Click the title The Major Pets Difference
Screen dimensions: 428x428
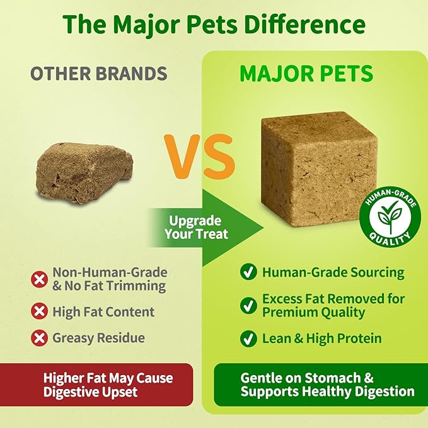(214, 25)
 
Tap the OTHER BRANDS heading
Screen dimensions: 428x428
(99, 73)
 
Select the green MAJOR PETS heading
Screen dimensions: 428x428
(306, 73)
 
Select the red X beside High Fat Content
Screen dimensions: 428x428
(40, 311)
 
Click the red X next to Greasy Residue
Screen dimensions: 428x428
(40, 338)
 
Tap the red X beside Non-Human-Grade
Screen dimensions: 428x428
(40, 279)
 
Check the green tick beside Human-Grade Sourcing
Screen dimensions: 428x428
(248, 272)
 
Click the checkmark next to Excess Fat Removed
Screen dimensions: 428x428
(248, 306)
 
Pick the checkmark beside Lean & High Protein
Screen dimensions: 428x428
(248, 338)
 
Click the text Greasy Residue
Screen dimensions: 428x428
(98, 338)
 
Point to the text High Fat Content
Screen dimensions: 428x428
(103, 311)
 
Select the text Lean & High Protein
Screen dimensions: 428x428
(321, 338)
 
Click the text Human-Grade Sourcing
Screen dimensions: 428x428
(333, 272)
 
